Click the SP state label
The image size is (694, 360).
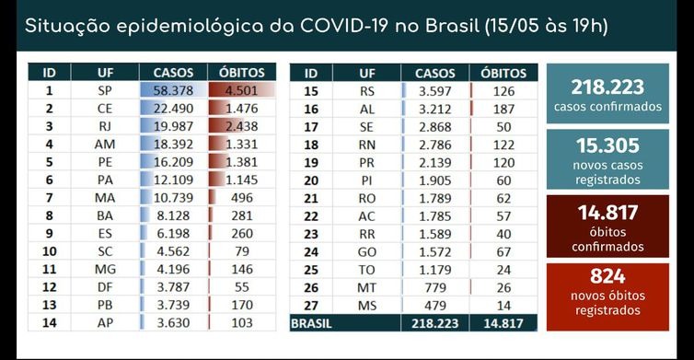pyautogui.click(x=103, y=91)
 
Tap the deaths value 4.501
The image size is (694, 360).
pyautogui.click(x=243, y=91)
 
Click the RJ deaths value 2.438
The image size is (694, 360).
pyautogui.click(x=243, y=126)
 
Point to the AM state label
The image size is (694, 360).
pyautogui.click(x=103, y=144)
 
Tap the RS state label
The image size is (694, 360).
pyautogui.click(x=367, y=91)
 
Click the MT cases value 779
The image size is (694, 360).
pyautogui.click(x=437, y=286)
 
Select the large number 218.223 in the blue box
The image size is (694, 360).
pyautogui.click(x=607, y=87)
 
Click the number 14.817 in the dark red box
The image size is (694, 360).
pyautogui.click(x=607, y=213)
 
